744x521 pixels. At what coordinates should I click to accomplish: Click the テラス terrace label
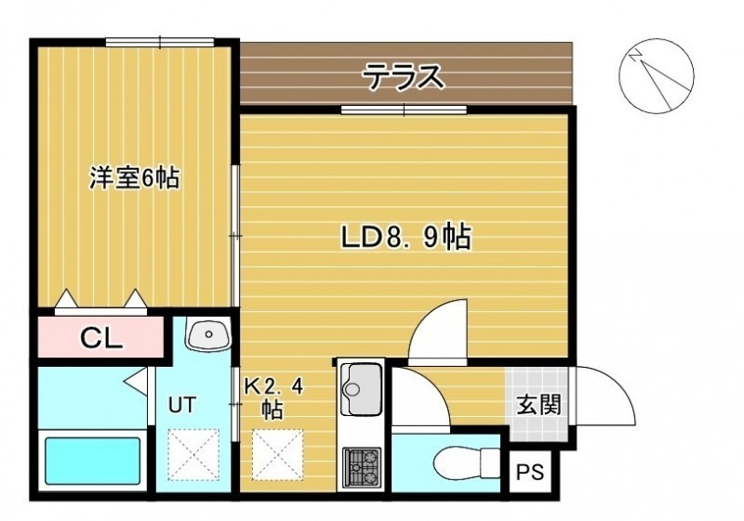tap(405, 77)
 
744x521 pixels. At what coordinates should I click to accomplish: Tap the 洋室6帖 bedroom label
tap(135, 178)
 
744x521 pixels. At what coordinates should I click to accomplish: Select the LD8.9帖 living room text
tap(406, 238)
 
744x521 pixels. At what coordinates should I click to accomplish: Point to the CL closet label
tap(101, 337)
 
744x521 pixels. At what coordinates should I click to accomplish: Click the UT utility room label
tap(182, 405)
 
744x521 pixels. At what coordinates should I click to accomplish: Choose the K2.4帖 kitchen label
tap(273, 399)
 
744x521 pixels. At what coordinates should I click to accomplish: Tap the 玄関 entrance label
tap(538, 405)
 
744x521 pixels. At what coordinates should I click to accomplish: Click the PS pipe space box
tap(530, 472)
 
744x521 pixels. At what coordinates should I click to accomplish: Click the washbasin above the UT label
tap(208, 334)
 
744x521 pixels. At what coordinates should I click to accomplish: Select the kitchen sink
tap(362, 389)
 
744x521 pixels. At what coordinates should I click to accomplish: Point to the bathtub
tap(93, 461)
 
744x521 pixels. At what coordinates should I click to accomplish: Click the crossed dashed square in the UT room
tap(193, 454)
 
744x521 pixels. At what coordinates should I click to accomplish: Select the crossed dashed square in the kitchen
tap(277, 454)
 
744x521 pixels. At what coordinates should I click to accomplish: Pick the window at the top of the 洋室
tap(160, 43)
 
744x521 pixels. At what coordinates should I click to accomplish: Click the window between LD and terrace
tap(404, 110)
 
